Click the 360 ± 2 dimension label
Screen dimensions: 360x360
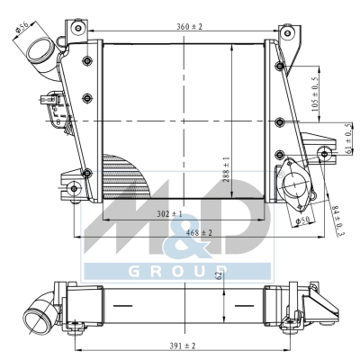pyautogui.click(x=189, y=27)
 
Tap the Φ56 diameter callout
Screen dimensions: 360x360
pyautogui.click(x=22, y=28)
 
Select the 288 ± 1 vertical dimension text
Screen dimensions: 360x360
pyautogui.click(x=226, y=169)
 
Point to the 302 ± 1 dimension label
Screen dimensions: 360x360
pyautogui.click(x=170, y=214)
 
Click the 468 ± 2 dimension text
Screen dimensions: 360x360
pyautogui.click(x=199, y=232)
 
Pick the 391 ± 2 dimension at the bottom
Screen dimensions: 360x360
pyautogui.click(x=182, y=346)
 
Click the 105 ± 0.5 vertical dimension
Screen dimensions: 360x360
pyautogui.click(x=315, y=94)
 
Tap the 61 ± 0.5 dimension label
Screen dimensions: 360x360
pyautogui.click(x=348, y=139)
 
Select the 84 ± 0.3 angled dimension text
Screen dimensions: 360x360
pyautogui.click(x=338, y=220)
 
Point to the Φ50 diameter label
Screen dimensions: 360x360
pyautogui.click(x=302, y=221)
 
